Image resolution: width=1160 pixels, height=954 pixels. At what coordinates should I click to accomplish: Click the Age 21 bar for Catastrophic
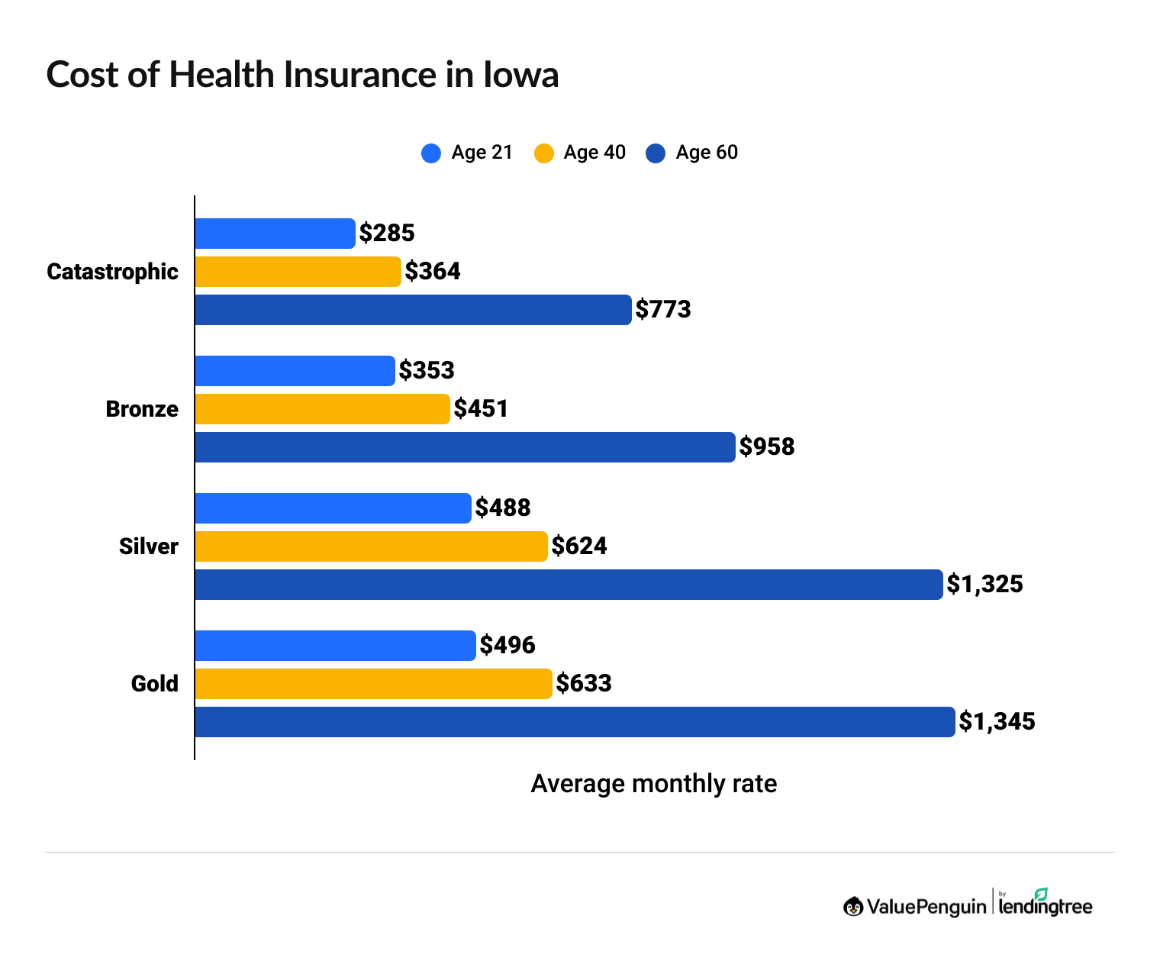coord(275,234)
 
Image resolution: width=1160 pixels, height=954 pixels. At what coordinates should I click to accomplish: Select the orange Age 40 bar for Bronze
coord(322,409)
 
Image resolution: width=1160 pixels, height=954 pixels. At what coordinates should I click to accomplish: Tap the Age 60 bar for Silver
coord(569,585)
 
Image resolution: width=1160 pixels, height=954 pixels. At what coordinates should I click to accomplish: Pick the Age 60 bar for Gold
coord(575,722)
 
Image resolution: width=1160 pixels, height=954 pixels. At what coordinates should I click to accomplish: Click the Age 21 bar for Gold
coord(335,646)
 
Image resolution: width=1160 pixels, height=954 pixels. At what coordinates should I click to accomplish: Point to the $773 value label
coord(663,310)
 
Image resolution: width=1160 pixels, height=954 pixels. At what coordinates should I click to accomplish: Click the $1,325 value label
coord(984,585)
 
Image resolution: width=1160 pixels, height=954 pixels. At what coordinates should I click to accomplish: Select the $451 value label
coord(481,409)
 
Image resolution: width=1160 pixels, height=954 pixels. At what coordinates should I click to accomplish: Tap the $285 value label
coord(387,234)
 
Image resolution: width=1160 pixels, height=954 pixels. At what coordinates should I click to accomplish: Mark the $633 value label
coord(584,683)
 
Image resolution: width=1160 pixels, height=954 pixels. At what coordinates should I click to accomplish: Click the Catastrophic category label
coord(112,272)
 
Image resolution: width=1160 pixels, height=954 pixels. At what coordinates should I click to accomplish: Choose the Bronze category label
coord(142,409)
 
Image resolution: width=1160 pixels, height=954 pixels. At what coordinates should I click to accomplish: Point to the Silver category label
coord(149,546)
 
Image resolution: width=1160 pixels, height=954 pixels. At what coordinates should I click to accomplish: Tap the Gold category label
coord(155,684)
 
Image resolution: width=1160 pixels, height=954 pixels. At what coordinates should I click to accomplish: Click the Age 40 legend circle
coord(543,153)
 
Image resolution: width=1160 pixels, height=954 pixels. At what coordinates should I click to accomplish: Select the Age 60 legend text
coord(707,153)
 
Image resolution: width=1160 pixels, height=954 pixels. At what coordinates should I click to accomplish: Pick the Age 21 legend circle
coord(431,153)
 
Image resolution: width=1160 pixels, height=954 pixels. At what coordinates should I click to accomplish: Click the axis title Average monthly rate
coord(653,784)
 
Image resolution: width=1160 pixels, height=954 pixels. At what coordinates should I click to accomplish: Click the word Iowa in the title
coord(520,75)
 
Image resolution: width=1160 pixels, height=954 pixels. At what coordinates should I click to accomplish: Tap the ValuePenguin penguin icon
coord(853,907)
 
